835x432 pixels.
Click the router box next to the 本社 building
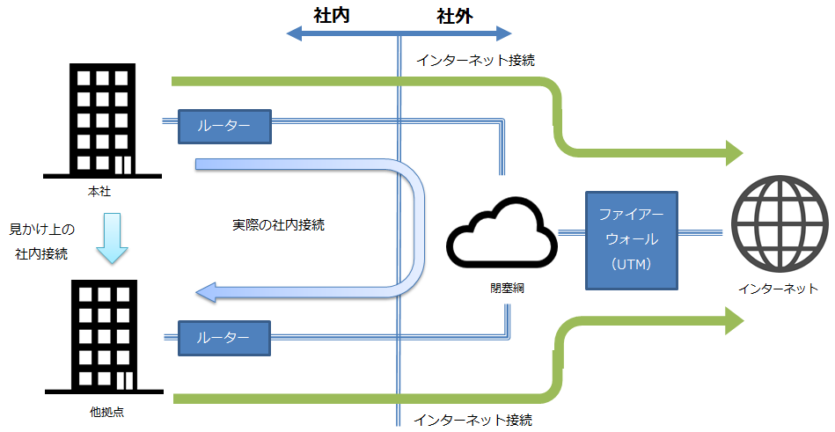(x=224, y=126)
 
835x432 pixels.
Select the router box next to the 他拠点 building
(x=224, y=338)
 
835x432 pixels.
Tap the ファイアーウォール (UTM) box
(x=632, y=240)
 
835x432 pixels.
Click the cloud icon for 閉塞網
(x=502, y=232)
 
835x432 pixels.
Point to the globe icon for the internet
(x=780, y=224)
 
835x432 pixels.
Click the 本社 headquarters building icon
(x=102, y=121)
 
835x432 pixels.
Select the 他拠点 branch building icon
(x=104, y=337)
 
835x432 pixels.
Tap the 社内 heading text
(x=331, y=16)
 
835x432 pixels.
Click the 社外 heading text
(x=455, y=16)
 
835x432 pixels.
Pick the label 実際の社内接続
(x=278, y=224)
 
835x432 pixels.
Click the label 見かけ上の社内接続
(x=42, y=242)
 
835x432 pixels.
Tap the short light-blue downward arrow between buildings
(x=113, y=238)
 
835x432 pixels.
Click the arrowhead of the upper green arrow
(x=735, y=153)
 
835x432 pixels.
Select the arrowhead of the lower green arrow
(x=735, y=321)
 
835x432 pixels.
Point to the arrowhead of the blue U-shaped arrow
(x=206, y=292)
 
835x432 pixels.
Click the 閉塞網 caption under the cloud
(x=507, y=289)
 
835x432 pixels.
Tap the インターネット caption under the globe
(x=778, y=289)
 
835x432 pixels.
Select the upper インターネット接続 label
(x=475, y=60)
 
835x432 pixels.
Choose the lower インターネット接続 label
(x=472, y=421)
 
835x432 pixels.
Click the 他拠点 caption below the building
(x=107, y=412)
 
